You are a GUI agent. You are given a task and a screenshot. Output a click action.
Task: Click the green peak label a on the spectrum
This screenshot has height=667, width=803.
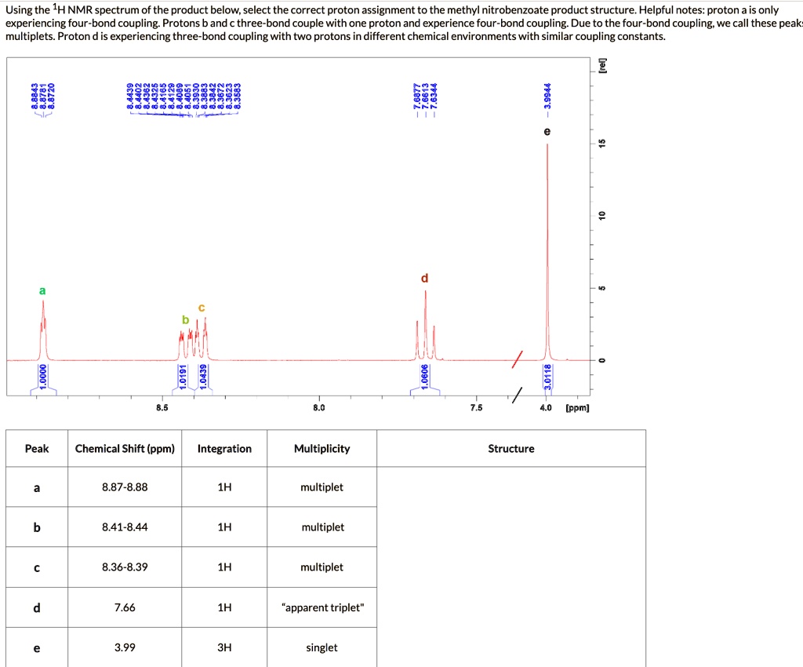(x=42, y=290)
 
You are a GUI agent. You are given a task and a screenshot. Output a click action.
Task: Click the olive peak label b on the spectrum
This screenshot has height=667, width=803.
(x=185, y=319)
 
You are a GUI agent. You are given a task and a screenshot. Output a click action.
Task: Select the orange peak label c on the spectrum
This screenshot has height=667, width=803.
(x=202, y=307)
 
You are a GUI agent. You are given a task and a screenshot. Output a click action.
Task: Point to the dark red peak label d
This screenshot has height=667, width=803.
(x=425, y=278)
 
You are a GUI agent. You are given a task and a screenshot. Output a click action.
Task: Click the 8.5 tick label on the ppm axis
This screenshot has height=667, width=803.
(x=162, y=408)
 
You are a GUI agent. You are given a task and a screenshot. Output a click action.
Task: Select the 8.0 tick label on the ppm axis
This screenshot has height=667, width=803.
(x=318, y=408)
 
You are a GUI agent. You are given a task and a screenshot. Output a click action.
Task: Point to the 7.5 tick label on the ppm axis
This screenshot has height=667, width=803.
(x=477, y=408)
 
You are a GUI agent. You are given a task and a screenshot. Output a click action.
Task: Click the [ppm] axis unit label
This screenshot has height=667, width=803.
(x=578, y=408)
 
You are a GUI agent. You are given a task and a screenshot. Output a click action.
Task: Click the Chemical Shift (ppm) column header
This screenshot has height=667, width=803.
(x=125, y=449)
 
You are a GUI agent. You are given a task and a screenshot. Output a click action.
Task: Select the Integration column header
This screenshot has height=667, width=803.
(x=224, y=449)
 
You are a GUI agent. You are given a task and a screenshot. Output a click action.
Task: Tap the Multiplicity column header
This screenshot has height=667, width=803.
(x=322, y=449)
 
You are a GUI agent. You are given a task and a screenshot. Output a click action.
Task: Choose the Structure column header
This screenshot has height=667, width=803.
(x=511, y=449)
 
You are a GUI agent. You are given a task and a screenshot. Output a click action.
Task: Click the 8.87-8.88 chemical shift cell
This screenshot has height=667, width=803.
(x=125, y=487)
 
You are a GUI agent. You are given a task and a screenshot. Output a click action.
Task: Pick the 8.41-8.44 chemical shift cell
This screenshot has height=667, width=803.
(x=125, y=527)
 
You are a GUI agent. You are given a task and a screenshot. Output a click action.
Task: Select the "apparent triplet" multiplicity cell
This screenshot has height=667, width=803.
(x=322, y=607)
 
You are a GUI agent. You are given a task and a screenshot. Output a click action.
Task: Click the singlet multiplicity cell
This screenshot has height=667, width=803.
(x=322, y=647)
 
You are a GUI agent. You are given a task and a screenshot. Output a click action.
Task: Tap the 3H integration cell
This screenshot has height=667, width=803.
(x=224, y=647)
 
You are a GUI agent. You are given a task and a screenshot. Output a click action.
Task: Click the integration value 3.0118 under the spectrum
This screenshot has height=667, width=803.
(x=548, y=376)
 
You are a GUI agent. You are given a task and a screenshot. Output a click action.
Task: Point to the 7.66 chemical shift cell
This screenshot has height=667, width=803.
(x=125, y=607)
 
